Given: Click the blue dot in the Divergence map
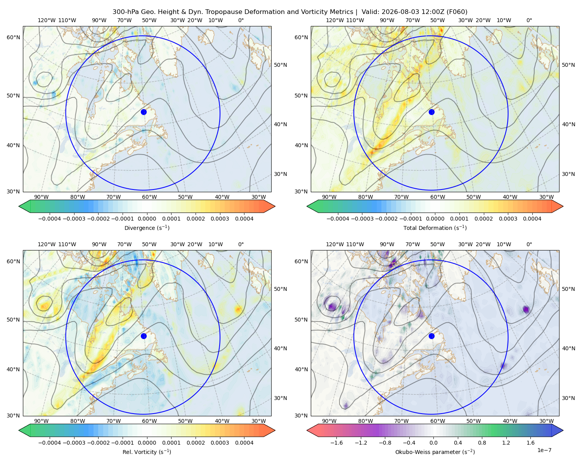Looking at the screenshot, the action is point(144,112).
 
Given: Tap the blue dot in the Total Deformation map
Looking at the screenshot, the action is point(431,112).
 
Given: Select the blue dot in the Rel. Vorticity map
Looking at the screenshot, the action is point(144,336).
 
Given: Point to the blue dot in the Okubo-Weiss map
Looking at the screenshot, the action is point(431,336).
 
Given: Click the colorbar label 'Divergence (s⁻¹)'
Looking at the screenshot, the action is point(147,228).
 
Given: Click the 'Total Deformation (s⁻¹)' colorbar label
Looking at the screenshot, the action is point(435,228).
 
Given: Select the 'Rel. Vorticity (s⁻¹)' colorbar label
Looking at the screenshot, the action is point(147,452).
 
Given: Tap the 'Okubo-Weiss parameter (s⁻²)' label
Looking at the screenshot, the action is point(435,452).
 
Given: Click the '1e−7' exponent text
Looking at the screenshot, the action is point(544,450).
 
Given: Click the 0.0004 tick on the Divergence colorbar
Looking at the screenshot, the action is point(244,219).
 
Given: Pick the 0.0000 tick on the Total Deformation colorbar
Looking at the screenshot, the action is point(435,219).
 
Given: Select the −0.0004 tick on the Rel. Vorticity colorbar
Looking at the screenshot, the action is point(50,442).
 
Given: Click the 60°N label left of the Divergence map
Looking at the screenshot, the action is point(13,37).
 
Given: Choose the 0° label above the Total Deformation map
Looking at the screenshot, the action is point(529,20).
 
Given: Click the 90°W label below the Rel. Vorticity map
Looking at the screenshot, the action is point(42,421).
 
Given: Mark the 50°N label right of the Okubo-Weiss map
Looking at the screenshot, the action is point(568,289).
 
